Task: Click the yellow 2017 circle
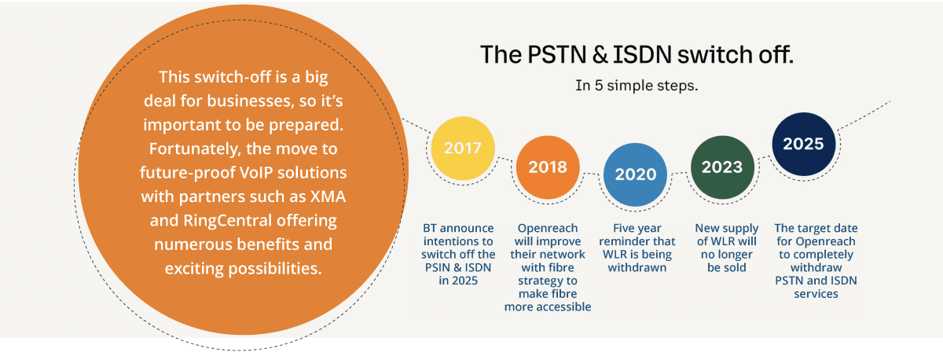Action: coord(463,149)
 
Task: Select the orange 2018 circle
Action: coord(548,167)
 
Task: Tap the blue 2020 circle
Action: coord(635,174)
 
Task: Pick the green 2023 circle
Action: coord(722,167)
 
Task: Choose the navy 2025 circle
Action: coord(804,144)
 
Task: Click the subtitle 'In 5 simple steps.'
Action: coord(637,86)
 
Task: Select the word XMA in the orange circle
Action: coord(328,197)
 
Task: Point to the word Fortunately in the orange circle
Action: coord(196,149)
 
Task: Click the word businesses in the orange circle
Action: coord(251,101)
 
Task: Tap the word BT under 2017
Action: coord(430,228)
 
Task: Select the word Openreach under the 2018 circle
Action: coord(548,229)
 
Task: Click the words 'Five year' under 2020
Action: coord(637,229)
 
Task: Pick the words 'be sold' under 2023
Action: coord(727,268)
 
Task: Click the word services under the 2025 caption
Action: coord(816,294)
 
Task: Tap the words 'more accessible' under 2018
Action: coord(548,307)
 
